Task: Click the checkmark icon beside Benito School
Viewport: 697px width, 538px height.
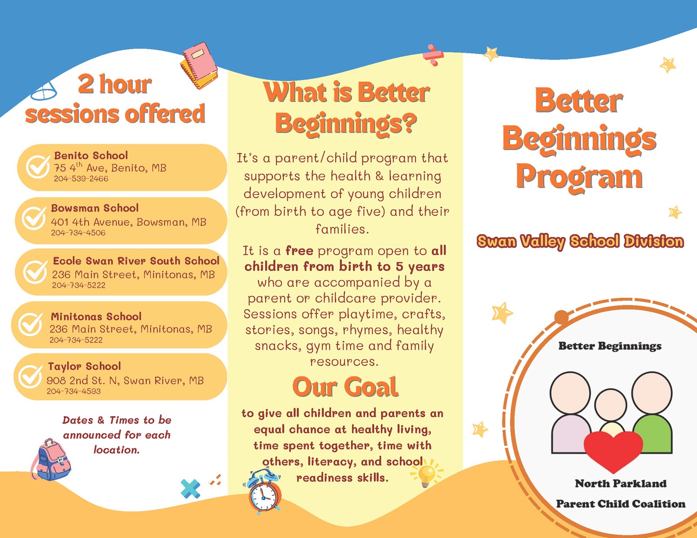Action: (x=38, y=166)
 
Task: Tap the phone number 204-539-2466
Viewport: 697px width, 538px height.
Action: (x=81, y=179)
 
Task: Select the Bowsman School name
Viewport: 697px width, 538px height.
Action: (x=95, y=208)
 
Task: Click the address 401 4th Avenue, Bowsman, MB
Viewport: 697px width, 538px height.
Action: (x=129, y=222)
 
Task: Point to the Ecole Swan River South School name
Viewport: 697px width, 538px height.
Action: (x=136, y=261)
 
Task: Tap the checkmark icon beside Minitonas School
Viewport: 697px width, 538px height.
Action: (x=30, y=324)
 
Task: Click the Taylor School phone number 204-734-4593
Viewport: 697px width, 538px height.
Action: (x=74, y=391)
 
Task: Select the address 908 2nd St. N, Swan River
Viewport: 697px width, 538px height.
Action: (x=125, y=380)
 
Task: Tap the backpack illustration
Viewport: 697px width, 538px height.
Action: (x=51, y=460)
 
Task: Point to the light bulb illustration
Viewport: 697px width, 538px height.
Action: (x=426, y=473)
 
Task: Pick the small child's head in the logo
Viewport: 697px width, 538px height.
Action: (x=611, y=405)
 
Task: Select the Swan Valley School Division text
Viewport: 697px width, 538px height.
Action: (x=580, y=241)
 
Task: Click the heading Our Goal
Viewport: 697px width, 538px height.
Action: (x=345, y=387)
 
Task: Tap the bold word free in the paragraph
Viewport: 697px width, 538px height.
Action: (x=299, y=251)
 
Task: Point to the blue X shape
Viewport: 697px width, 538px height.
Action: (x=190, y=488)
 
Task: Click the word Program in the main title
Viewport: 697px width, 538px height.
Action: (x=579, y=177)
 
